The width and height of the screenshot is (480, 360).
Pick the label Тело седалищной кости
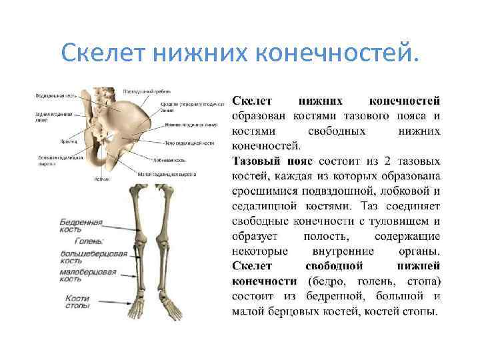pos(189,143)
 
